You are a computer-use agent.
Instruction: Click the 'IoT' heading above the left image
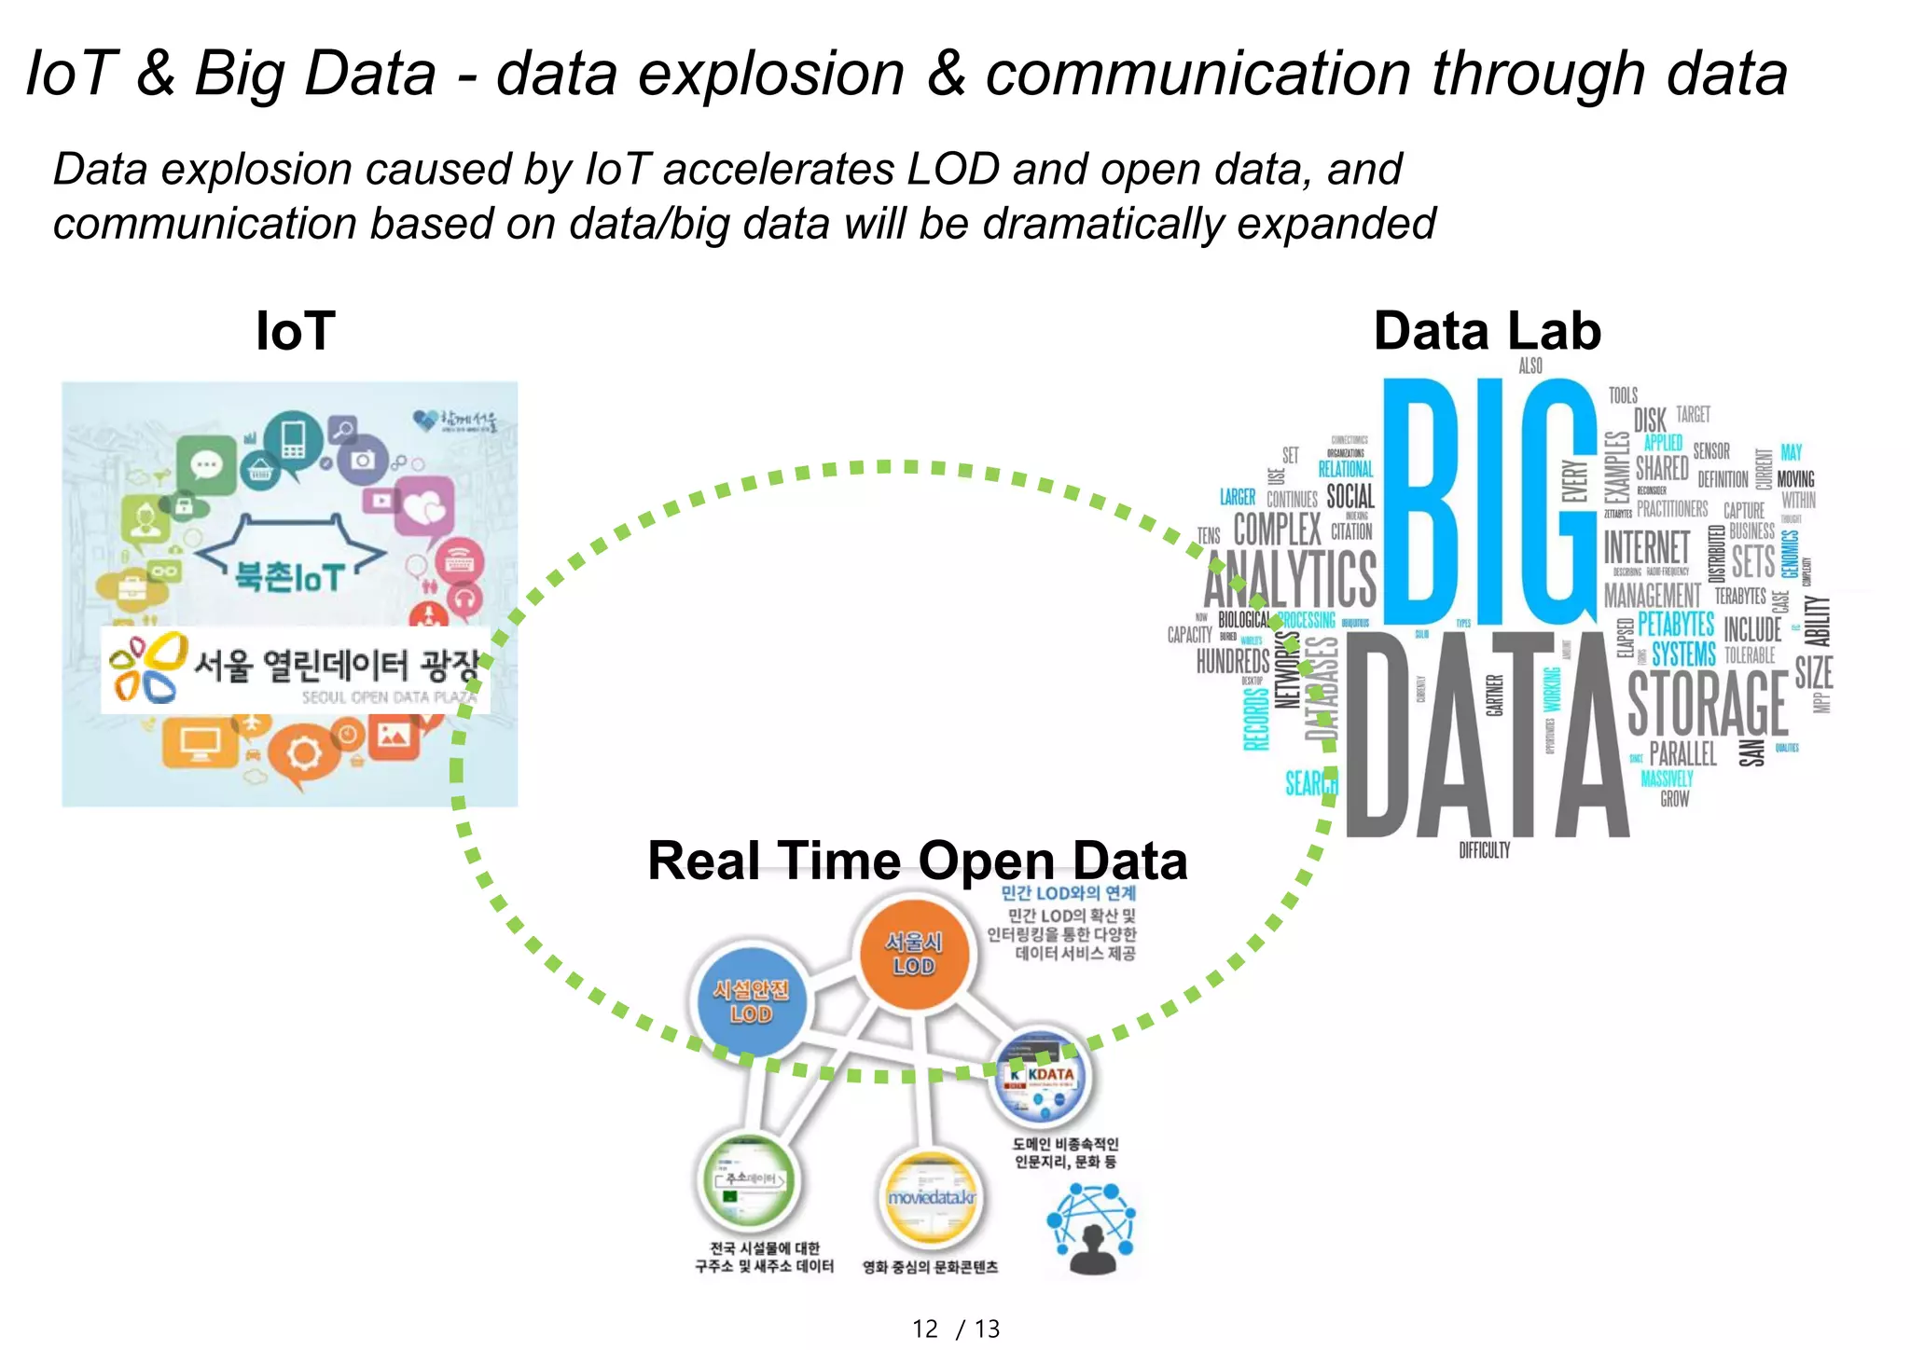[x=296, y=331]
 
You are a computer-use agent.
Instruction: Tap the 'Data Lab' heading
[x=1487, y=331]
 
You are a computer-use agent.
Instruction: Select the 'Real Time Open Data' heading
[x=917, y=860]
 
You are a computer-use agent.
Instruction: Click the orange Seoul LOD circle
[x=914, y=954]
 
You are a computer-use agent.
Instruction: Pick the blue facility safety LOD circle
[x=751, y=1001]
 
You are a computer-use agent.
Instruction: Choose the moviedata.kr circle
[x=931, y=1197]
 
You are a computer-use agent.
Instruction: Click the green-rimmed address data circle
[x=749, y=1180]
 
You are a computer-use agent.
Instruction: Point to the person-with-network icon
[x=1092, y=1229]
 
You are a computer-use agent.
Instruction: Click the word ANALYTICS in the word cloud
[x=1290, y=578]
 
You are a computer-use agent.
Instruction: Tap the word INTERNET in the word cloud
[x=1647, y=547]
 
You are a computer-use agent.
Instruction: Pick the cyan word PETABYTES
[x=1676, y=624]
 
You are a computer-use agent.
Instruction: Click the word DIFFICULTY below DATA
[x=1484, y=850]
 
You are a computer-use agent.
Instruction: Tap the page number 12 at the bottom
[x=925, y=1329]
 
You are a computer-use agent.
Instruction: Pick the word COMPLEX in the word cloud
[x=1277, y=530]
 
